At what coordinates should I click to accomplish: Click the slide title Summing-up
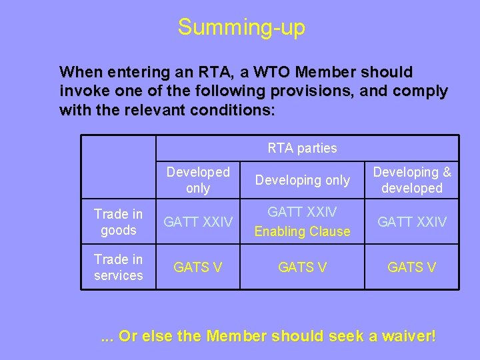(x=241, y=27)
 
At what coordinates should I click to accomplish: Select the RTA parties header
(x=302, y=148)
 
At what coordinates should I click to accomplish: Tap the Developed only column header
(x=198, y=180)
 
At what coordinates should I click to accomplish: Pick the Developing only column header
(x=302, y=180)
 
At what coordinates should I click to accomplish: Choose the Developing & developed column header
(x=412, y=180)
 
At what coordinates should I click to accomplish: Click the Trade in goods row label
(x=119, y=222)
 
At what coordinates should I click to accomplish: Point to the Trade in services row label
(x=119, y=267)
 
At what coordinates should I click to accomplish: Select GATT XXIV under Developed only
(x=198, y=222)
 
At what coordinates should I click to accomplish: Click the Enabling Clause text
(x=302, y=231)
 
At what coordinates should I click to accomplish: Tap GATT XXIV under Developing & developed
(x=412, y=222)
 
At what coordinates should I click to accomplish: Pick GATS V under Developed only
(x=198, y=267)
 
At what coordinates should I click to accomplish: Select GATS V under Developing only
(x=302, y=267)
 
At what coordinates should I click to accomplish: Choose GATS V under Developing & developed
(x=412, y=267)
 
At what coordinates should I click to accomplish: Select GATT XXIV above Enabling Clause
(x=302, y=212)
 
